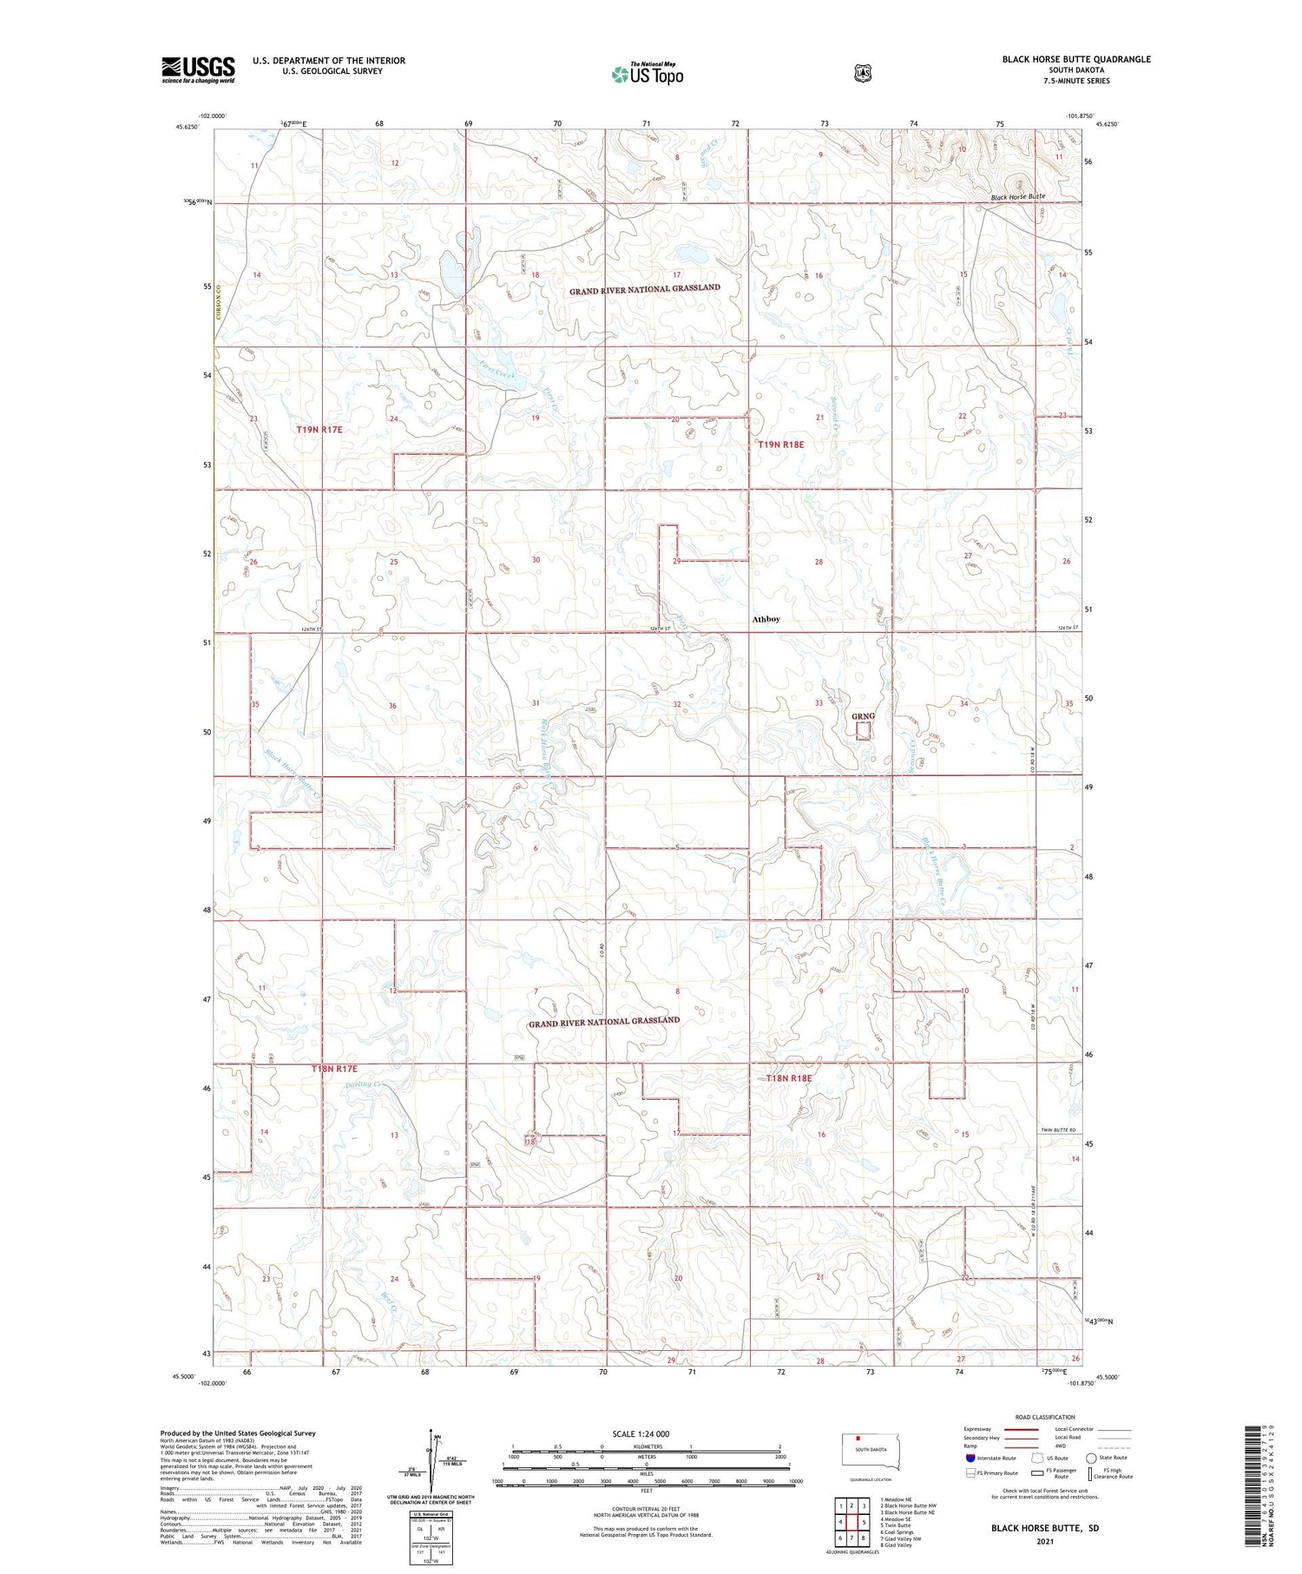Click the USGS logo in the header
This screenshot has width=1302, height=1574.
198,69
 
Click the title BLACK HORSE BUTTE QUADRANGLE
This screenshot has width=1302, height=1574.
1076,59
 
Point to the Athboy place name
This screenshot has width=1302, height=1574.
766,619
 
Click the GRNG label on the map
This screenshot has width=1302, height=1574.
863,716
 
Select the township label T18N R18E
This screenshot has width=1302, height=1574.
789,1078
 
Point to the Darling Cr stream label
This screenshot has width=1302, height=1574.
364,1084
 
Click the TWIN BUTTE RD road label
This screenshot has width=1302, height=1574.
1058,1129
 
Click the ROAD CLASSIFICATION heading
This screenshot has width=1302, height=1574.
1045,1417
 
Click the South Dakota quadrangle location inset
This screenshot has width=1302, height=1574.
865,1454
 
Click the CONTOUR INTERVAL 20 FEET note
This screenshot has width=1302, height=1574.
646,1509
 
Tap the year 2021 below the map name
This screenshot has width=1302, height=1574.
1045,1541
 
